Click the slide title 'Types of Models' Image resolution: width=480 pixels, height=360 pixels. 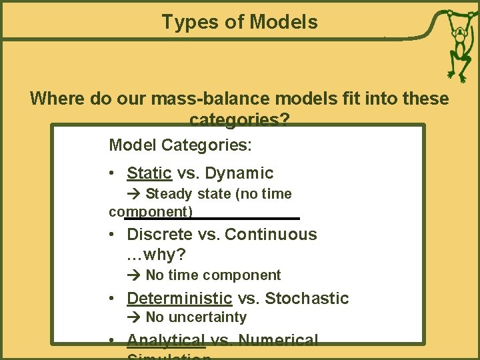[x=239, y=22]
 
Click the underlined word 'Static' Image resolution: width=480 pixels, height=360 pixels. [x=149, y=173]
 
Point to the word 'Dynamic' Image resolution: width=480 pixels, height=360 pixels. [x=239, y=173]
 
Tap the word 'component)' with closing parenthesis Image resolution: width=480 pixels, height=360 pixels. [x=151, y=212]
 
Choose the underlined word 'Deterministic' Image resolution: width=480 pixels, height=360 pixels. [x=179, y=299]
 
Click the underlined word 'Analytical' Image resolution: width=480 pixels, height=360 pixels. [x=166, y=340]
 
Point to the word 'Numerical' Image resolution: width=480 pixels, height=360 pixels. [x=278, y=340]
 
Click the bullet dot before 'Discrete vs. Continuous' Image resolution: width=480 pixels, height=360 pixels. [x=114, y=235]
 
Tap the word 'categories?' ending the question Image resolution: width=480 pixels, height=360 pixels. [x=239, y=120]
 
